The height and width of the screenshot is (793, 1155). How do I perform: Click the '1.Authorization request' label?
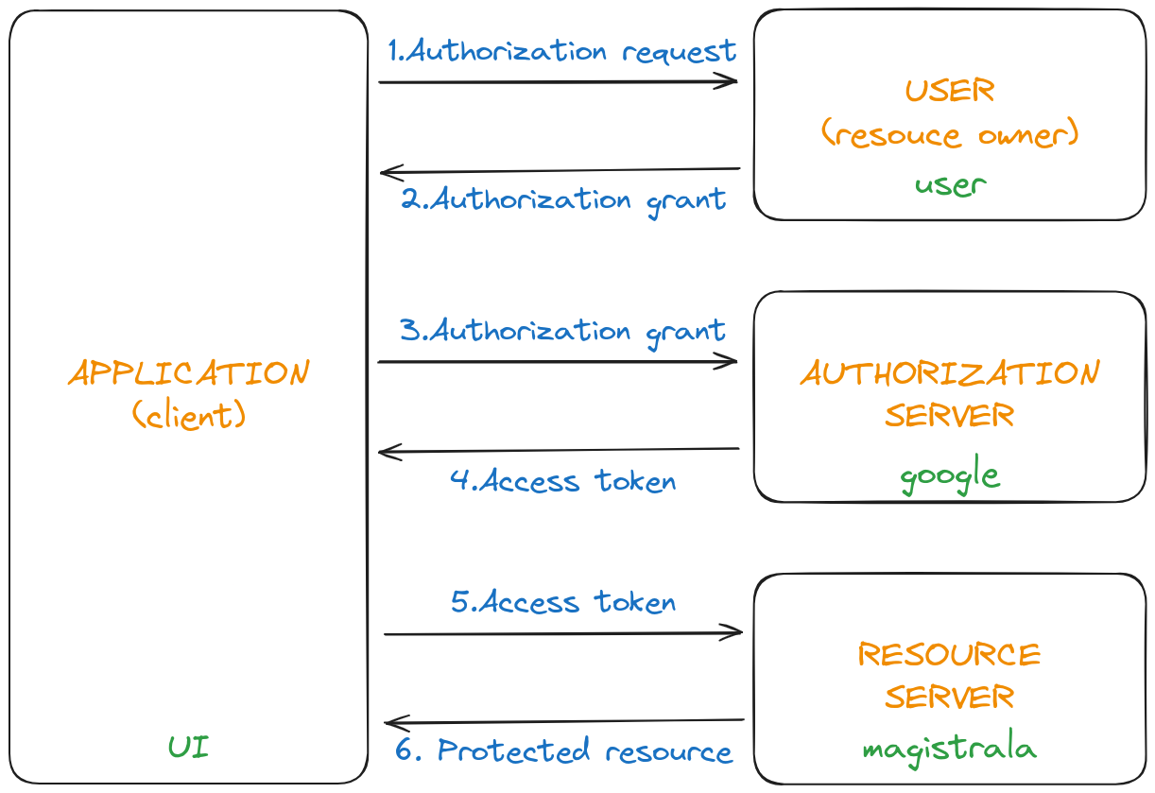tap(562, 51)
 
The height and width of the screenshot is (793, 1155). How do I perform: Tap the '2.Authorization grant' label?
tap(563, 200)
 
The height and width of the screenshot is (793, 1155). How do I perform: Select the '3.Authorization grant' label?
tap(562, 331)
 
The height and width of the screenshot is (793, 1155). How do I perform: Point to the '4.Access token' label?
tap(563, 480)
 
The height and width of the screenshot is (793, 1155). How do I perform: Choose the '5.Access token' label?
tap(563, 601)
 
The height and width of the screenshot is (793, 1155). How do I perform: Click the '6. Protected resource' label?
tap(563, 751)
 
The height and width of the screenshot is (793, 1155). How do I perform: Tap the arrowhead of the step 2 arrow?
tap(388, 173)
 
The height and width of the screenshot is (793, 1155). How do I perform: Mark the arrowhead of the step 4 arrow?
tap(388, 452)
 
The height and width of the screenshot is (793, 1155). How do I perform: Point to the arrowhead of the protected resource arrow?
tap(393, 723)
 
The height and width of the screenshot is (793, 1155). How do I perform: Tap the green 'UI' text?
tap(189, 748)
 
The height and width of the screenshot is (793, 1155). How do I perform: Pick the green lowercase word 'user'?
tap(950, 184)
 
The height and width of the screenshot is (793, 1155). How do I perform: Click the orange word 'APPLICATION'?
tap(189, 373)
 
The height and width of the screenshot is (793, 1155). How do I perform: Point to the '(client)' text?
tap(189, 415)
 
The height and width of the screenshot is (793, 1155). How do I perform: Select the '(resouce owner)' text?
tap(950, 135)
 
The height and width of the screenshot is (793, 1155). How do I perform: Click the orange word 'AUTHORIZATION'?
tap(950, 373)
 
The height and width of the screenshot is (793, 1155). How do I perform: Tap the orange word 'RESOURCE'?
tap(949, 654)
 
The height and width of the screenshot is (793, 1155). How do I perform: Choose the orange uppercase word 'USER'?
tap(950, 91)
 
